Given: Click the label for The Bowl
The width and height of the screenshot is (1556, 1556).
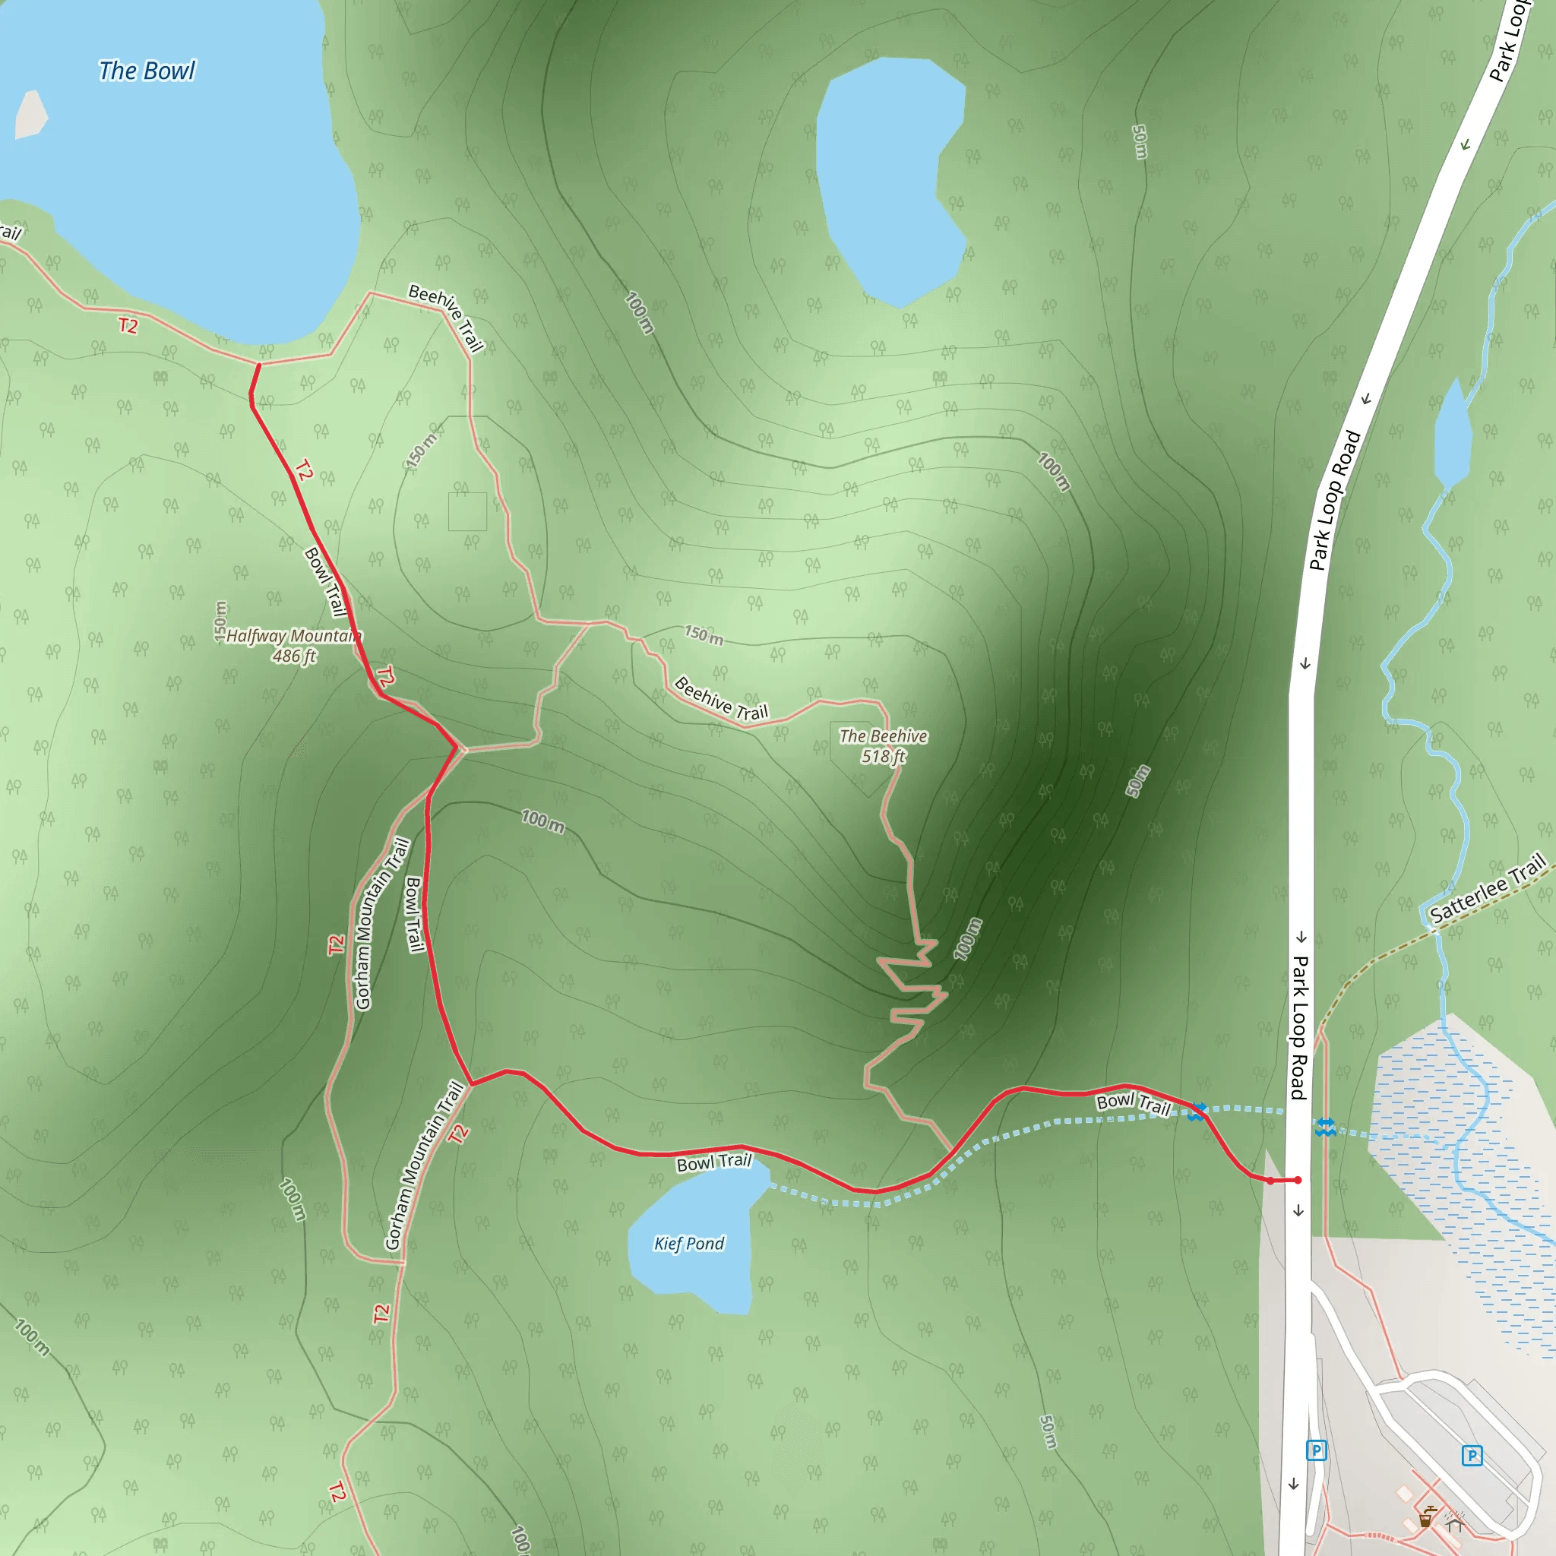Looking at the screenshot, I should click(147, 71).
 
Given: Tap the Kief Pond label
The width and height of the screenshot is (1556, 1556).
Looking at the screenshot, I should click(688, 1244).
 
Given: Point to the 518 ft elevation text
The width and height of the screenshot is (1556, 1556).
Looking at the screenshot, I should click(883, 756).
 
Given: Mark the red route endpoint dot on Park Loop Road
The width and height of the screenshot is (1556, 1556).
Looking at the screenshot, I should click(1298, 1180).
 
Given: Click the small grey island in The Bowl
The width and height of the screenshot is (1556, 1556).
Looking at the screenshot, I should click(30, 115).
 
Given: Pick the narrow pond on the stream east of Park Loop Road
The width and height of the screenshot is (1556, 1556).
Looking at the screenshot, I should click(1453, 435).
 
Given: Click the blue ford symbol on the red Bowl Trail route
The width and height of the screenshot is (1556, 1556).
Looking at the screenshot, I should click(1197, 1112).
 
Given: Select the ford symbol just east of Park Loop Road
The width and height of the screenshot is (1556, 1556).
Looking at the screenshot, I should click(1325, 1127).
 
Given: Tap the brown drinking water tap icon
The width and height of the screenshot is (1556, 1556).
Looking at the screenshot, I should click(1426, 1517).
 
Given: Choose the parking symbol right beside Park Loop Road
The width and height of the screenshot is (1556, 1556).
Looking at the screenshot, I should click(1316, 1451).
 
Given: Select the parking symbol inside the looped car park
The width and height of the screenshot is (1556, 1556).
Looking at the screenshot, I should click(1472, 1455).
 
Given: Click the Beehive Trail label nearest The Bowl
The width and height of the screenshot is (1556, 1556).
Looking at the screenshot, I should click(446, 318).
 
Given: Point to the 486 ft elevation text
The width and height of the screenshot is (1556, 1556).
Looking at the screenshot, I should click(293, 656).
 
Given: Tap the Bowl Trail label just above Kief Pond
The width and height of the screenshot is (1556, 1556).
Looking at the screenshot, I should click(713, 1162).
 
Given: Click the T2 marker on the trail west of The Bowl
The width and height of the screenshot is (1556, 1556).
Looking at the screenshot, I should click(128, 325).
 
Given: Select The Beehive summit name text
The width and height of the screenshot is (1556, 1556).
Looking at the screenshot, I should click(883, 736).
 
